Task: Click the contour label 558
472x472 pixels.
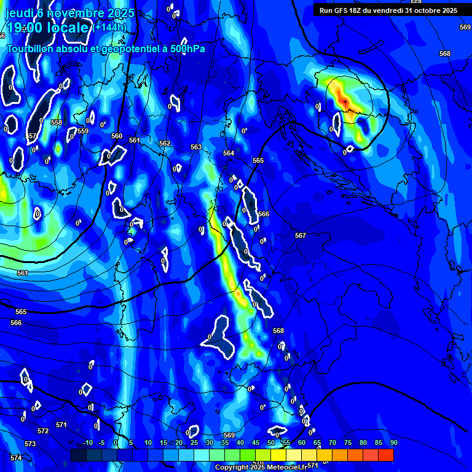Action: pos(57,122)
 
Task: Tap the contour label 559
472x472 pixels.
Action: pos(83,131)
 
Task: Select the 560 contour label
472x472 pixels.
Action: pos(117,136)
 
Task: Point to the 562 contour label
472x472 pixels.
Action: pos(165,143)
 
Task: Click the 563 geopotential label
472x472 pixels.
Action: pos(196,147)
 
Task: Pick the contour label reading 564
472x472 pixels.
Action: pos(229,153)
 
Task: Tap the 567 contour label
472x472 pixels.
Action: pos(301,235)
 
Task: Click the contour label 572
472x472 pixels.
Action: pos(42,431)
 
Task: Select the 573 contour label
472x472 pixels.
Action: pos(30,444)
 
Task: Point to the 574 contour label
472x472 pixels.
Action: pos(16,458)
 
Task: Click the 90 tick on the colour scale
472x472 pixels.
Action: pos(393,442)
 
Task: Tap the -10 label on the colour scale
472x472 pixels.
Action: pos(87,442)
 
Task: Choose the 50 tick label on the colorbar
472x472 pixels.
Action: pos(271,442)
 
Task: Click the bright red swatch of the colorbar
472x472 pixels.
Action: pos(386,455)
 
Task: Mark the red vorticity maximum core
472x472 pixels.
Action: pos(345,100)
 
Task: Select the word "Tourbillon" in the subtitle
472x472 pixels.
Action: pos(30,49)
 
